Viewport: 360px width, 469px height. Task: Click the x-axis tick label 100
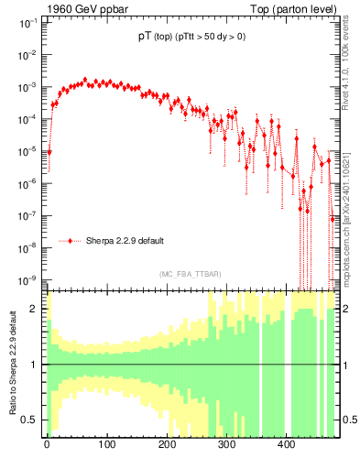[106, 444]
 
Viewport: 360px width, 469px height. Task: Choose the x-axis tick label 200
[167, 444]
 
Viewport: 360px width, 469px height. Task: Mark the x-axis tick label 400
[287, 444]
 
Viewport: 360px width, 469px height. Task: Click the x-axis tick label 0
[47, 444]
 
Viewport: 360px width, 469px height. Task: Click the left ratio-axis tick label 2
[36, 309]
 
